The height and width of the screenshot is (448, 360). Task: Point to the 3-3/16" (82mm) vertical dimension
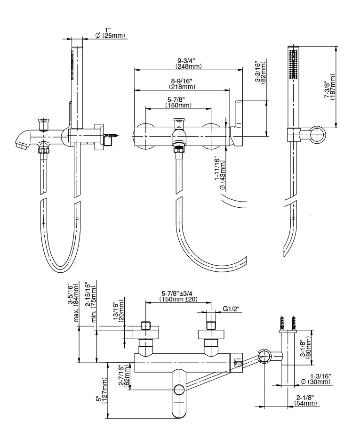click(x=260, y=71)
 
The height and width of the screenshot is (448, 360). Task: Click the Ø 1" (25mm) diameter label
click(x=112, y=33)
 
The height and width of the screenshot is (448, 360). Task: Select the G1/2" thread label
click(x=231, y=310)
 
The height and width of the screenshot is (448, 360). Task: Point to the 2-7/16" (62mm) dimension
click(x=123, y=376)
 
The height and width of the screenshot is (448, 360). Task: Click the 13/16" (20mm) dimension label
click(x=119, y=312)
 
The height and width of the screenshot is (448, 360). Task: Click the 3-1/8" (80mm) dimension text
click(x=306, y=347)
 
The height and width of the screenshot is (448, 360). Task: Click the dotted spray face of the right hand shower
click(x=294, y=62)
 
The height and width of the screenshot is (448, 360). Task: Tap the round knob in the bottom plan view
click(x=178, y=389)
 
